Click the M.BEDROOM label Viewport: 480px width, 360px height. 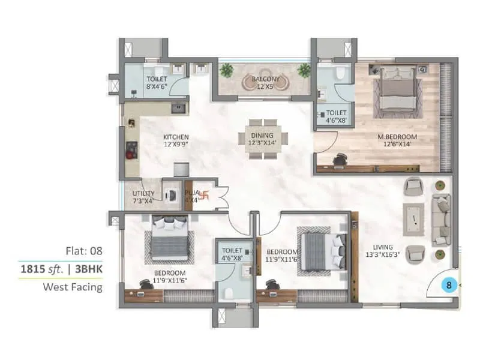pyautogui.click(x=397, y=137)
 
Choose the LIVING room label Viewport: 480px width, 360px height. pyautogui.click(x=382, y=247)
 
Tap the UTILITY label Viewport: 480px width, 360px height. pyautogui.click(x=143, y=193)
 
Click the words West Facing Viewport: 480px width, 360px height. pyautogui.click(x=72, y=287)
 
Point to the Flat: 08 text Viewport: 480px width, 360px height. pyautogui.click(x=83, y=250)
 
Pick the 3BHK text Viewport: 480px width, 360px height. pyautogui.click(x=88, y=269)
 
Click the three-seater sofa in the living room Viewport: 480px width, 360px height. pyautogui.click(x=442, y=219)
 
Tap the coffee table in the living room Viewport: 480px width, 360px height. pyautogui.click(x=413, y=220)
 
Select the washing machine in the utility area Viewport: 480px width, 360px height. pyautogui.click(x=172, y=195)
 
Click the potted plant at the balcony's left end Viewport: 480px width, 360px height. pyautogui.click(x=226, y=70)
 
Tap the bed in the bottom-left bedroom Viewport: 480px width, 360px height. pyautogui.click(x=169, y=239)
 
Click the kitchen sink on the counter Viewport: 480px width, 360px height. pyautogui.click(x=178, y=108)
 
